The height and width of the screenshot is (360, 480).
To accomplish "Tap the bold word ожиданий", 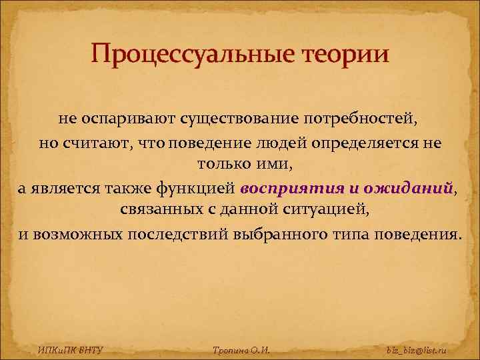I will pyautogui.click(x=414, y=189).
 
